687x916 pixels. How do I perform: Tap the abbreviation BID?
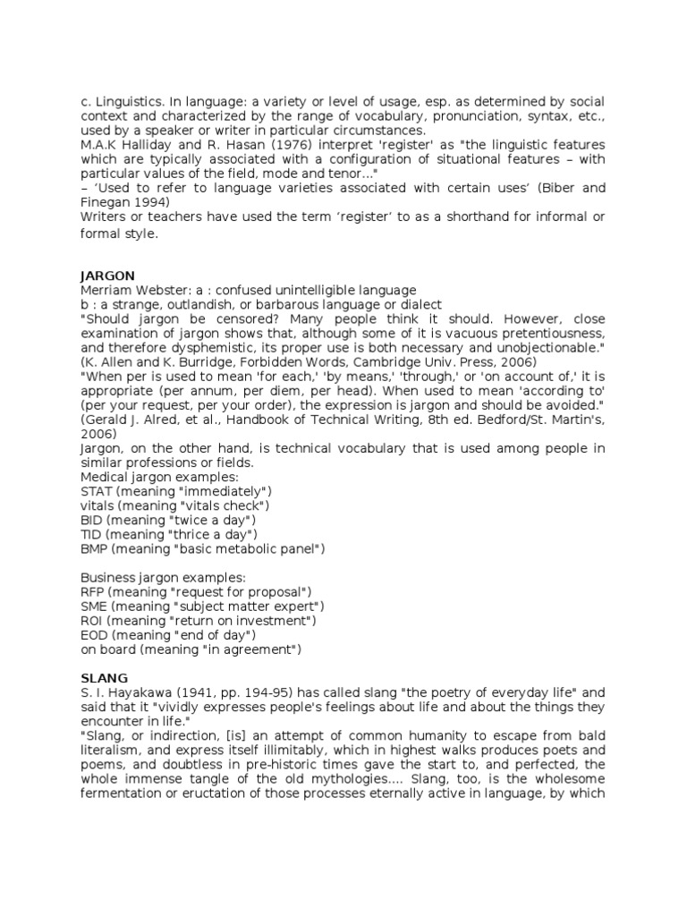tap(91, 520)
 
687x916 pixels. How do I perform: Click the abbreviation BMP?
tap(94, 548)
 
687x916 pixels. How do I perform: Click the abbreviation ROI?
tap(92, 621)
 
